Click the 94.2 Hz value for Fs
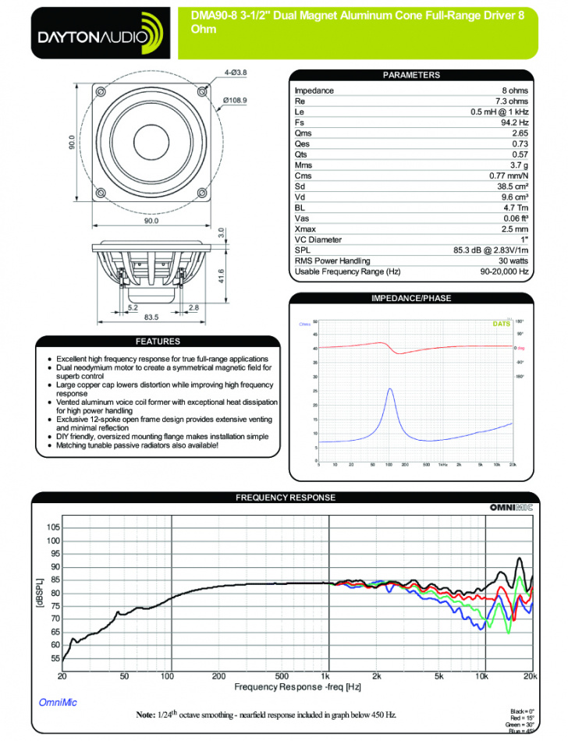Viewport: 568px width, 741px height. [514, 122]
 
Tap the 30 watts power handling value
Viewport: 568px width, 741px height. [512, 261]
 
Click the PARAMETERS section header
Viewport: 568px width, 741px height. [411, 76]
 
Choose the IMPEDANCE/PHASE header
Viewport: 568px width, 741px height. [411, 298]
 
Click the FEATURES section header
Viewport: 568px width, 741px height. [158, 342]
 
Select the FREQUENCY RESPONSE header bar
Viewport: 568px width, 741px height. [285, 498]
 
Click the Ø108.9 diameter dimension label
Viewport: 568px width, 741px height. [235, 101]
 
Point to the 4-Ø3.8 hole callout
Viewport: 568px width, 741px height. [236, 73]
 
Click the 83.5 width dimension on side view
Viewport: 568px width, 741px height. [151, 317]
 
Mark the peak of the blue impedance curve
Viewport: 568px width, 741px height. [390, 388]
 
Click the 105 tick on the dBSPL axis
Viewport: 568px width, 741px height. [53, 528]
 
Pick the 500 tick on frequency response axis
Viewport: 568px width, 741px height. [282, 675]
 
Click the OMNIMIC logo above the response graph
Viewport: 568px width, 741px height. [511, 508]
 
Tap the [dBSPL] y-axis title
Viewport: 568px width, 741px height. [40, 594]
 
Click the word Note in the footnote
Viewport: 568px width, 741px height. [146, 714]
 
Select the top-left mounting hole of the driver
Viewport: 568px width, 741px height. [101, 93]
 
